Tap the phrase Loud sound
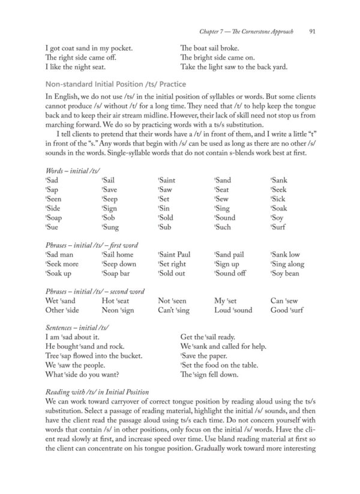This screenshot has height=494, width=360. (x=233, y=311)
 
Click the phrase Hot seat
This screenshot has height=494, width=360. (x=116, y=301)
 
